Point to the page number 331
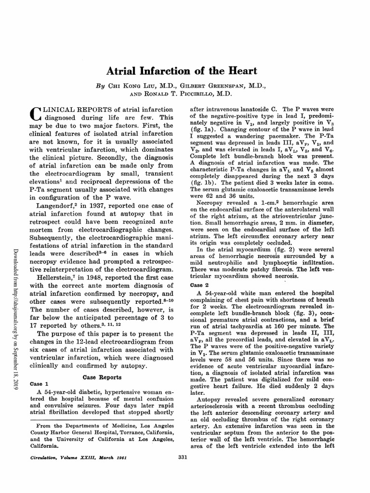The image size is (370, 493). [x=183, y=457]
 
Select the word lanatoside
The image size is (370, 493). [x=255, y=109]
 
